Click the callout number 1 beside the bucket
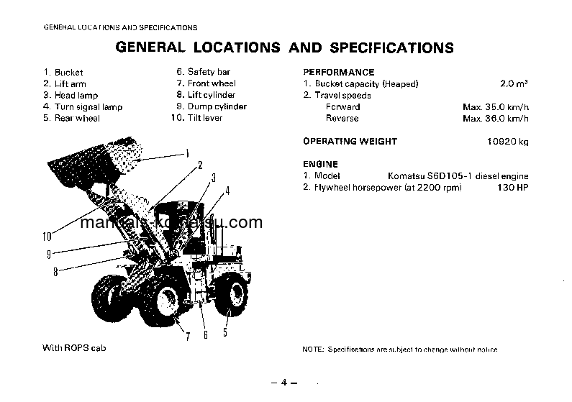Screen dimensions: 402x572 click(187, 152)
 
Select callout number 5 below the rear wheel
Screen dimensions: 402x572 click(225, 332)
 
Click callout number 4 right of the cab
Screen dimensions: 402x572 click(227, 191)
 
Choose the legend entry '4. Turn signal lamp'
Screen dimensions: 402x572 click(83, 106)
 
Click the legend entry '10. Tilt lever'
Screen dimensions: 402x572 click(196, 118)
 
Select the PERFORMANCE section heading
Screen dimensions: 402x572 click(338, 72)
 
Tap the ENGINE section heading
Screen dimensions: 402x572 click(320, 164)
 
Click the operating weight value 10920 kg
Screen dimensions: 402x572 click(507, 142)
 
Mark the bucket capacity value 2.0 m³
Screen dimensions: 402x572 click(514, 84)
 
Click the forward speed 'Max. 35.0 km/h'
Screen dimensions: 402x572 click(496, 106)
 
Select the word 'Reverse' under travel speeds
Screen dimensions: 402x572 click(342, 118)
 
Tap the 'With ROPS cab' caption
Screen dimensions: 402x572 click(73, 348)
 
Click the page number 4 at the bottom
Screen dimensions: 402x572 click(284, 382)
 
